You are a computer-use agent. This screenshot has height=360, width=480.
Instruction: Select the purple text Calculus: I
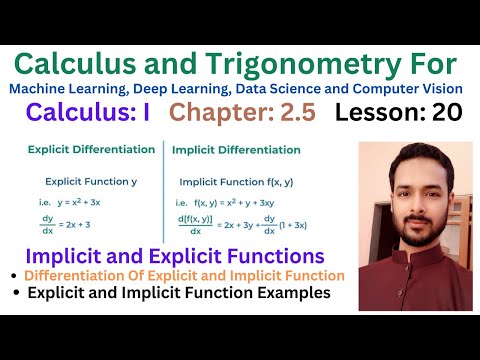(88, 113)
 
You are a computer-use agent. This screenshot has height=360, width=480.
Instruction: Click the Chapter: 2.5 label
(242, 113)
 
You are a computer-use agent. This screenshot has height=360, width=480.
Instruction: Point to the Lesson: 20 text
(398, 113)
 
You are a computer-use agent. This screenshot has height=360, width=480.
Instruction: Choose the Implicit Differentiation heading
(236, 150)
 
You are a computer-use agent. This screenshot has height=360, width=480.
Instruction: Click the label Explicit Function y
(90, 182)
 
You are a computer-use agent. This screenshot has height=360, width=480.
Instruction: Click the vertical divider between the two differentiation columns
(163, 190)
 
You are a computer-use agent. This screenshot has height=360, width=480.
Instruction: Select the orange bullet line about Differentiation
(184, 274)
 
